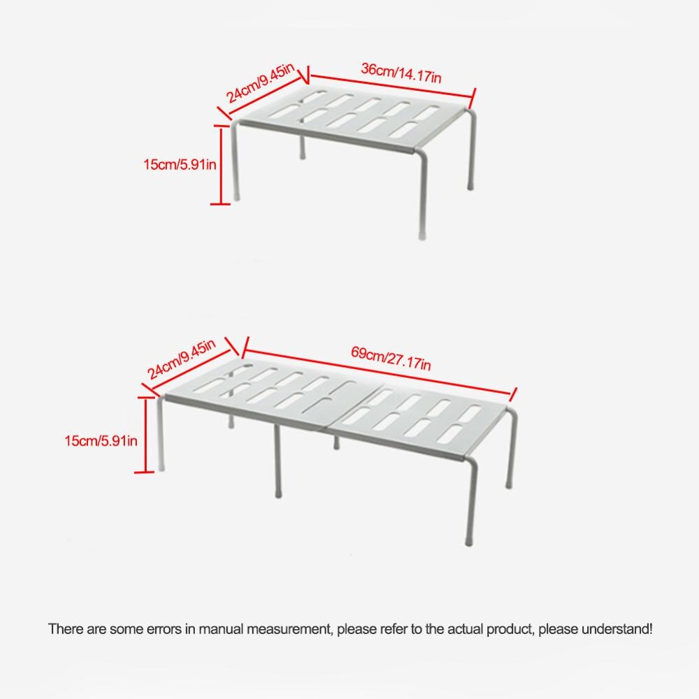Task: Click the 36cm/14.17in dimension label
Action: (x=401, y=73)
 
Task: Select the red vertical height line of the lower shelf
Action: (x=145, y=435)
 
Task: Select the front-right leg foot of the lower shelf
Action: (x=467, y=539)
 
